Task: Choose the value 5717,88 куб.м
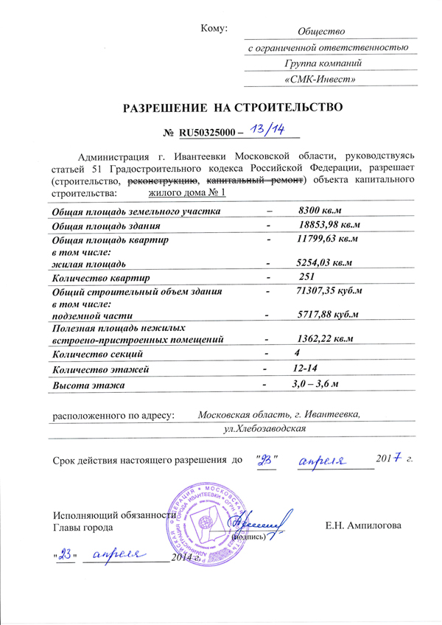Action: [326, 315]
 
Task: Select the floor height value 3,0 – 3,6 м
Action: [318, 383]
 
